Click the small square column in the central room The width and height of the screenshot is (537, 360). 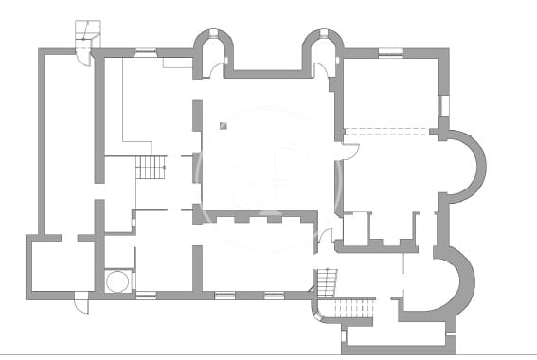(x=223, y=125)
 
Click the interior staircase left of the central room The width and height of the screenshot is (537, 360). (x=151, y=168)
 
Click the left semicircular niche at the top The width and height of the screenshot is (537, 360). (x=214, y=52)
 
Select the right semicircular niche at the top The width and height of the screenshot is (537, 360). (x=322, y=52)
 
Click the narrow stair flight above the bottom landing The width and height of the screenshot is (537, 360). (x=329, y=281)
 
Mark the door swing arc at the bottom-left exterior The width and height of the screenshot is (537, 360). (x=81, y=305)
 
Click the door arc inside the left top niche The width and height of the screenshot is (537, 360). (x=217, y=69)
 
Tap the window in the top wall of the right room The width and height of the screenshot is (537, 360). (x=389, y=53)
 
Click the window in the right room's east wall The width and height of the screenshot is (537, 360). (x=441, y=105)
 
